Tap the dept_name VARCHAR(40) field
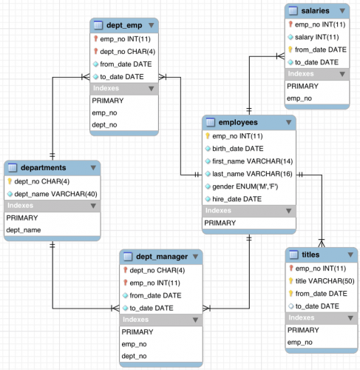point(55,193)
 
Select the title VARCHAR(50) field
point(327,280)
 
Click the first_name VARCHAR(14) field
point(252,161)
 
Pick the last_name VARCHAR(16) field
point(252,173)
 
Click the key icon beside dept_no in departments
point(10,181)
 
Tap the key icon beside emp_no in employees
point(208,135)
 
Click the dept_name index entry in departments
point(24,231)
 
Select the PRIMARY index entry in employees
point(220,223)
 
